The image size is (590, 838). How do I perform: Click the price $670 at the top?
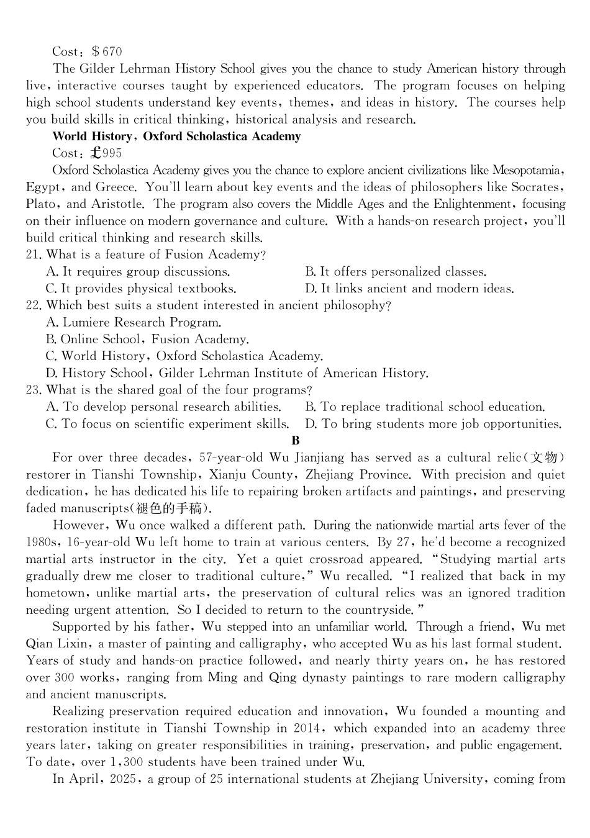(x=106, y=52)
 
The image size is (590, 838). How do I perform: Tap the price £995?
(x=106, y=153)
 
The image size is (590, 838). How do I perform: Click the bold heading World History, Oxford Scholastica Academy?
(x=176, y=136)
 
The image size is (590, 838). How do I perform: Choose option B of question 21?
(x=395, y=271)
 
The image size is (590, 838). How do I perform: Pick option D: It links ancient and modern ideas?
(x=409, y=288)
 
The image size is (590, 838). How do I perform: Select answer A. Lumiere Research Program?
(x=134, y=322)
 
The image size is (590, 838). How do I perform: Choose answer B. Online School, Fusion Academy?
(x=147, y=339)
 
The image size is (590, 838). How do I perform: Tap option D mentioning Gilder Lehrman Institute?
(x=237, y=373)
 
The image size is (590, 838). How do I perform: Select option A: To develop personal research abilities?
(x=163, y=407)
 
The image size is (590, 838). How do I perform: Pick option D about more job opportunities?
(x=433, y=424)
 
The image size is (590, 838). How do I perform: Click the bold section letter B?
(x=295, y=441)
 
